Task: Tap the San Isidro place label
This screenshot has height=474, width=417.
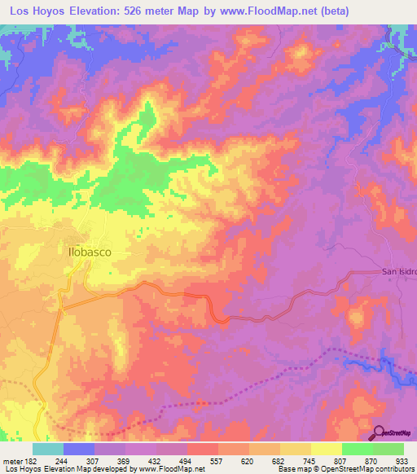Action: pos(399,273)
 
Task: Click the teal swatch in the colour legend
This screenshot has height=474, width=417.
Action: pos(48,448)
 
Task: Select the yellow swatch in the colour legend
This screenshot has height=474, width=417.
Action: pos(326,448)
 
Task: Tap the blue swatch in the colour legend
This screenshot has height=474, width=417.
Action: pos(79,448)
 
